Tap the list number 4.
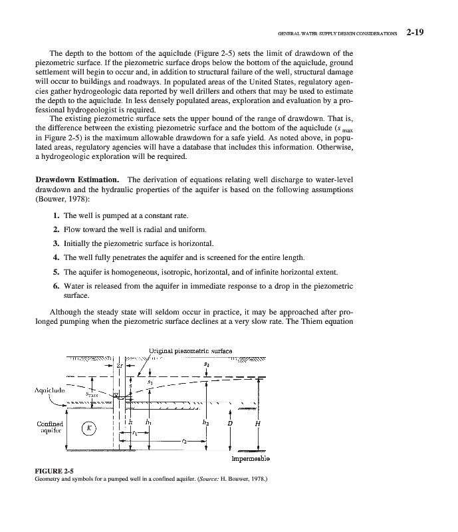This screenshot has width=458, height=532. pyautogui.click(x=57, y=257)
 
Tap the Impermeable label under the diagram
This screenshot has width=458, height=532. pyautogui.click(x=250, y=459)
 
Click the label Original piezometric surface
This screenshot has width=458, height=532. pyautogui.click(x=189, y=350)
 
